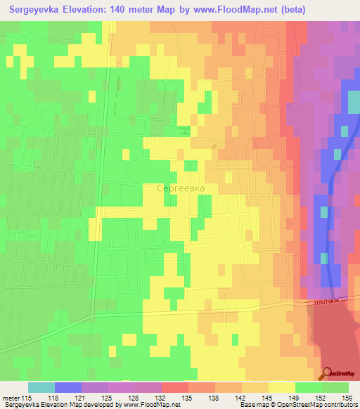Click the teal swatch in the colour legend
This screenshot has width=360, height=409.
pyautogui.click(x=41, y=387)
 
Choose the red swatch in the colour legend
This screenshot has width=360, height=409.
pyautogui.click(x=174, y=387)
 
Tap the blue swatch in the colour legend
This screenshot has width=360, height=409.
pyautogui.click(x=68, y=387)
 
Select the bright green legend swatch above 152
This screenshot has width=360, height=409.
pyautogui.click(x=309, y=387)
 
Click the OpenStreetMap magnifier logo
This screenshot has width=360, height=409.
pyautogui.click(x=328, y=373)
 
